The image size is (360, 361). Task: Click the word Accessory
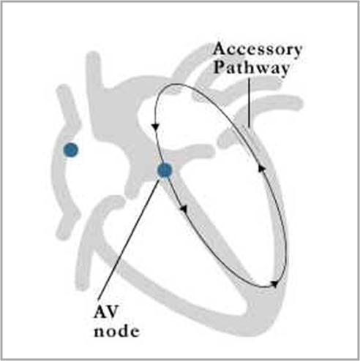point(258,50)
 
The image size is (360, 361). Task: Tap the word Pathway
point(252,69)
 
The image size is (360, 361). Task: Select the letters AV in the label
point(106,311)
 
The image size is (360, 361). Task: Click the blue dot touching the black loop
point(165,170)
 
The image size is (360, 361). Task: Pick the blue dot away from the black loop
point(71,150)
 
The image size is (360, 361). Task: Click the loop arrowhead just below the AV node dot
point(184,208)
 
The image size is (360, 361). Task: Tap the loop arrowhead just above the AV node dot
point(155,126)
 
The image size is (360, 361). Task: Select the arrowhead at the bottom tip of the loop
point(275,284)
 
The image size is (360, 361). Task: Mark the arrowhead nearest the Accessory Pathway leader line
point(261,168)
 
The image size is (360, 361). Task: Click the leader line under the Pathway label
point(249,102)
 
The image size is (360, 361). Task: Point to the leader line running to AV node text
point(129,240)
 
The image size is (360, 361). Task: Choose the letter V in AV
point(113,311)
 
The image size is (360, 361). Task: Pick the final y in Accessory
point(296,53)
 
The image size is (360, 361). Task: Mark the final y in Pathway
point(285,71)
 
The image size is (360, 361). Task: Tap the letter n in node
point(100,332)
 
